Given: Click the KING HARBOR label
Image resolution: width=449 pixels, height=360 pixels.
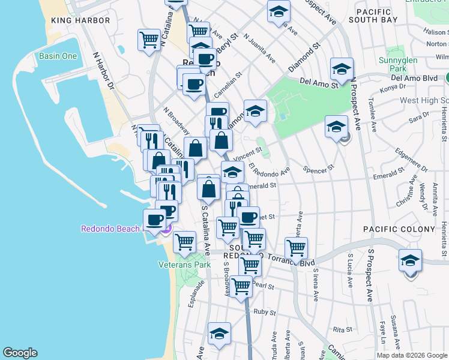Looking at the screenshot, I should click(80, 20).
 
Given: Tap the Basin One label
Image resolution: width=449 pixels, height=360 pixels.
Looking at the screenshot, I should click(58, 56).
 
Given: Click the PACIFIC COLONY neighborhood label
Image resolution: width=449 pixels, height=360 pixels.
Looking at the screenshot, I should click(399, 229).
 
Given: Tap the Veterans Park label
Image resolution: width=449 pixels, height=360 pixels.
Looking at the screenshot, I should click(184, 264).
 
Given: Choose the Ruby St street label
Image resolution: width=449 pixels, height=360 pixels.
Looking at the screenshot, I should click(264, 312).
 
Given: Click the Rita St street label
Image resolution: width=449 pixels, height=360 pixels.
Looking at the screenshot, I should click(342, 329).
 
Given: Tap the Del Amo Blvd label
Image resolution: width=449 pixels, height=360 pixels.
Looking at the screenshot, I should click(414, 78).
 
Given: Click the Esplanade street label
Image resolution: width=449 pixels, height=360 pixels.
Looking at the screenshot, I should click(193, 297).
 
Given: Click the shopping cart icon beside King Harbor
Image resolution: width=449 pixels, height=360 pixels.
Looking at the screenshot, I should click(149, 40).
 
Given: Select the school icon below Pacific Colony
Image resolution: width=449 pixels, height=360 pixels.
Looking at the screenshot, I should click(411, 260).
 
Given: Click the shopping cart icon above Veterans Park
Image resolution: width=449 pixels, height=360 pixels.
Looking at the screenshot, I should click(184, 242).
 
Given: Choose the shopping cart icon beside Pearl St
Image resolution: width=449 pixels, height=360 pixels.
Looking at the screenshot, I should click(241, 287).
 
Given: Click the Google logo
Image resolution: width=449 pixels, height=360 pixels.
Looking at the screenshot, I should click(20, 353).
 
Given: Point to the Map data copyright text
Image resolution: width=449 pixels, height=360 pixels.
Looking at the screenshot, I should click(411, 355).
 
